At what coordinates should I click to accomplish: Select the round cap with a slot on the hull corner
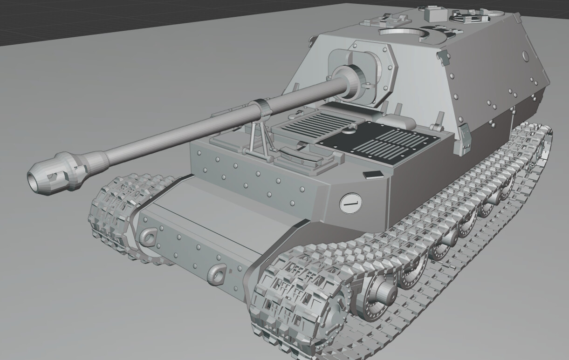point(349,203)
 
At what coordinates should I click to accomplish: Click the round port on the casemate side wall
point(525,56)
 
